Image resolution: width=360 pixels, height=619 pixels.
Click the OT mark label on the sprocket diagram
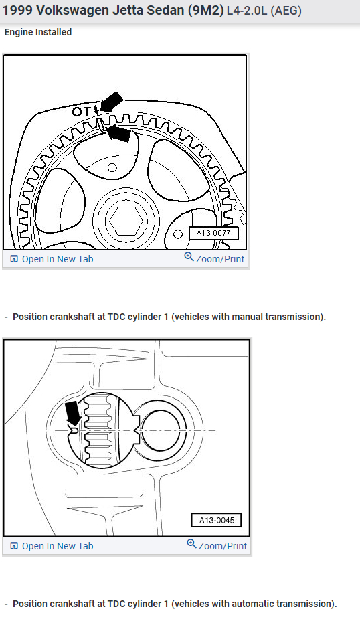point(81,112)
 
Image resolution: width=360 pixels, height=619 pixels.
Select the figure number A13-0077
point(213,233)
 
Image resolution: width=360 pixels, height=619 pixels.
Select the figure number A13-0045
point(216,521)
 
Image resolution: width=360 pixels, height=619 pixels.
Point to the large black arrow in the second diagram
point(73,414)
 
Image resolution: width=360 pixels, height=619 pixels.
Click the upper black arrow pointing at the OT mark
point(112,102)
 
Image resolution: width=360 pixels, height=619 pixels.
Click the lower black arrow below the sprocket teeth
point(118,133)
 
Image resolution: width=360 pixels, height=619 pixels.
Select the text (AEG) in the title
point(286,10)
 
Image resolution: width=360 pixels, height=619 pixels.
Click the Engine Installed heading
point(38,32)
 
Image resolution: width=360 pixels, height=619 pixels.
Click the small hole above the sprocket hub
point(112,168)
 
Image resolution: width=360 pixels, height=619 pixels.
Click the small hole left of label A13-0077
point(178,234)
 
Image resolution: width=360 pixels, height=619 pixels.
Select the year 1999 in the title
point(18,10)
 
